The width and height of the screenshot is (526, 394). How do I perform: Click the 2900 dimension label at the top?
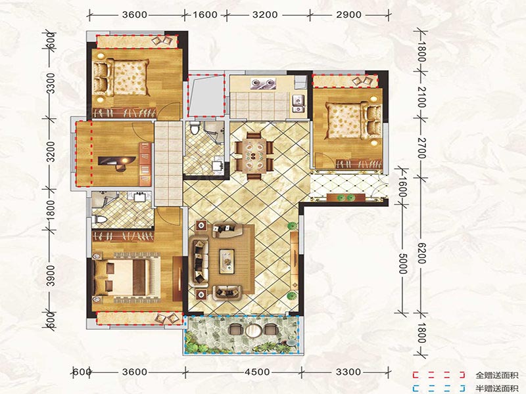(x=349, y=14)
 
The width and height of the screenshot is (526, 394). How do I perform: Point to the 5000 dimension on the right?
(x=403, y=263)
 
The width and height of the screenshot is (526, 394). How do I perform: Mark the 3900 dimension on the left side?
(x=51, y=275)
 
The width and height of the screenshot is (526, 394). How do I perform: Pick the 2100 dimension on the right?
(x=422, y=97)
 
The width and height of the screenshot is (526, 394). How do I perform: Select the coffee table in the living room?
(x=227, y=261)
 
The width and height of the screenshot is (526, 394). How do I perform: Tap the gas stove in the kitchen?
(x=263, y=83)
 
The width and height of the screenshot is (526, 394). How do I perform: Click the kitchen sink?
(x=299, y=103)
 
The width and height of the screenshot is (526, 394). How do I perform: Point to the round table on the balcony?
(x=253, y=331)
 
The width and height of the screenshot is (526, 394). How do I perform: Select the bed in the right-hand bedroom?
(x=354, y=121)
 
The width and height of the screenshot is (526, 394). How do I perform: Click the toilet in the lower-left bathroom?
(x=99, y=220)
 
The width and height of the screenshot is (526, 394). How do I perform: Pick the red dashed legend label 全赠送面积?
(x=497, y=376)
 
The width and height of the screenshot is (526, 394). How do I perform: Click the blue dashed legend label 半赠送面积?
(x=497, y=388)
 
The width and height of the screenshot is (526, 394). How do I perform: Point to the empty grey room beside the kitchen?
(x=206, y=95)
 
